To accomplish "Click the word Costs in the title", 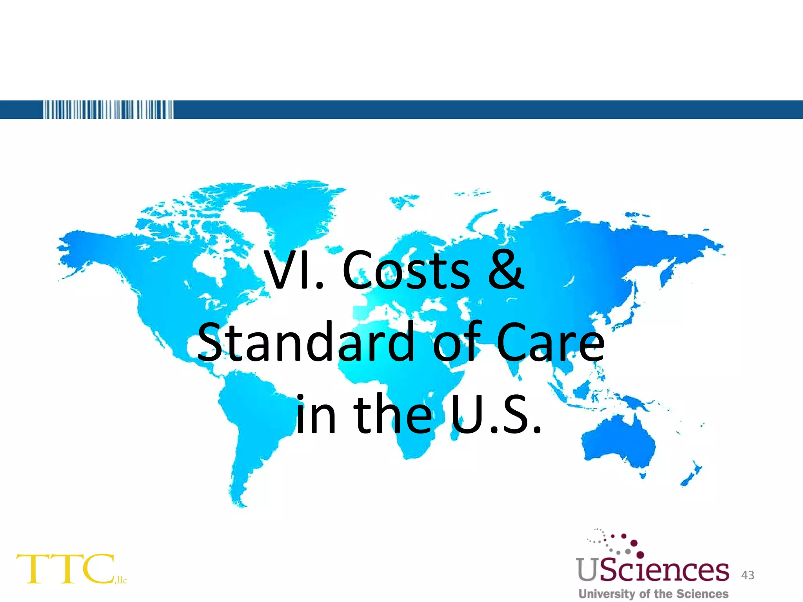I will click(x=406, y=270).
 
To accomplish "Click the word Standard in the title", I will click(x=306, y=342).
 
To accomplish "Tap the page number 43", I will click(x=748, y=575).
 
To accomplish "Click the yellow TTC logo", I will click(x=65, y=569).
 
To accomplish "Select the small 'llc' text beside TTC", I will click(x=122, y=580).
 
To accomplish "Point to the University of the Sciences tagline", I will click(x=653, y=594).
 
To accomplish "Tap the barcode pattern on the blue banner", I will click(x=108, y=110).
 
